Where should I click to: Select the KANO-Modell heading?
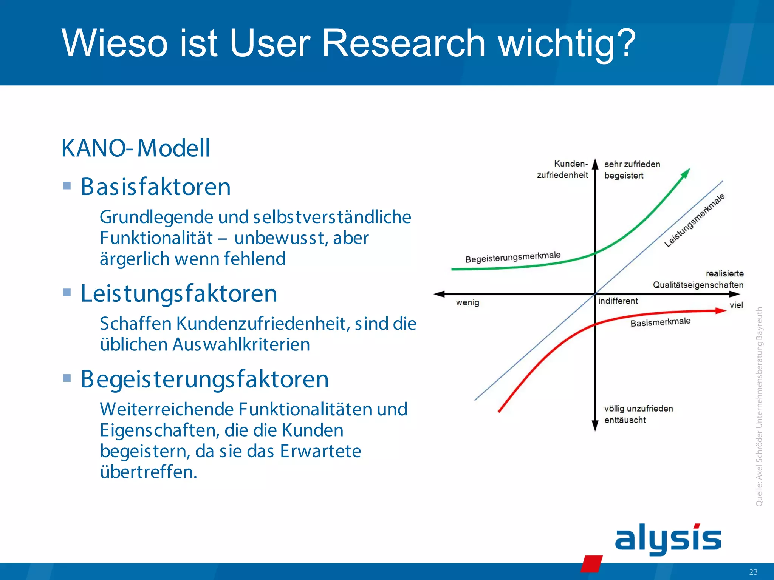pos(136,148)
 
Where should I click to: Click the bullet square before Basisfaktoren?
pos(67,186)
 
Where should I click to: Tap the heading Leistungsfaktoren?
pos(179,293)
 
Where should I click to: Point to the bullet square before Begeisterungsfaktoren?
pos(67,378)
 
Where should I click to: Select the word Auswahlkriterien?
pos(241,344)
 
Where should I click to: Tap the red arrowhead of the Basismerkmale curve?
pos(721,310)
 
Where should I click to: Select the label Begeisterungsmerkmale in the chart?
pos(513,257)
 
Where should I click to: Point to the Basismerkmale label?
pos(660,322)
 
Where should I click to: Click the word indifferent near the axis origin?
pos(618,301)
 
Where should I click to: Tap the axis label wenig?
pos(467,302)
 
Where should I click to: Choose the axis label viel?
pos(736,305)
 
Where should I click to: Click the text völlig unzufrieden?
pos(638,409)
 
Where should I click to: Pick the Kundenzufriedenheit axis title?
pos(563,169)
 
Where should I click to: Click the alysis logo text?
pos(668,538)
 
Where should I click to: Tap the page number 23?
pos(753,572)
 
